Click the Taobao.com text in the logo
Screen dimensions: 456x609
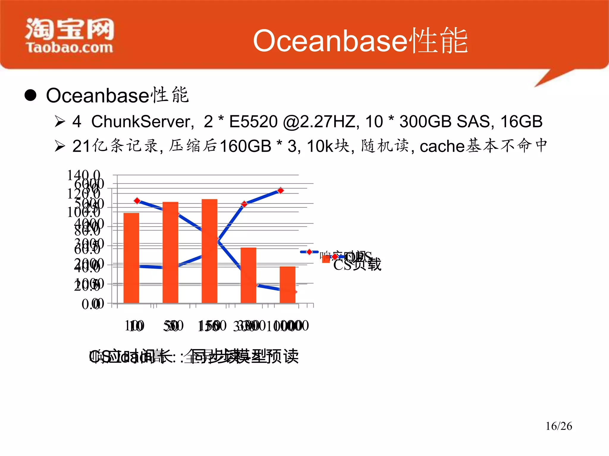point(70,47)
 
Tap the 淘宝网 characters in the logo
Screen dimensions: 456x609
point(70,28)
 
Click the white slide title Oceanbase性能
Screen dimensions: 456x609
point(360,41)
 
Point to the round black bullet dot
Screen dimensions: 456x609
point(30,95)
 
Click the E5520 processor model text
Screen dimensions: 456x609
point(253,121)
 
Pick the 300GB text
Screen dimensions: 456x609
point(426,121)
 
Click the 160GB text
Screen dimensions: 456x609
point(245,146)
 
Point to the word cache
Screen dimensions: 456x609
point(442,146)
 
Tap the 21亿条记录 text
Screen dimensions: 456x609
point(116,146)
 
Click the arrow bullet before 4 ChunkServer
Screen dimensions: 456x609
point(60,121)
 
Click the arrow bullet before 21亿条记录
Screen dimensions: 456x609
point(60,146)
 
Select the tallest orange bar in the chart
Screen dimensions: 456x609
point(209,251)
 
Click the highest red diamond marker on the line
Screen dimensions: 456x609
point(280,190)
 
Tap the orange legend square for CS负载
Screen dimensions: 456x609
point(326,259)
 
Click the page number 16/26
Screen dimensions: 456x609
point(558,426)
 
